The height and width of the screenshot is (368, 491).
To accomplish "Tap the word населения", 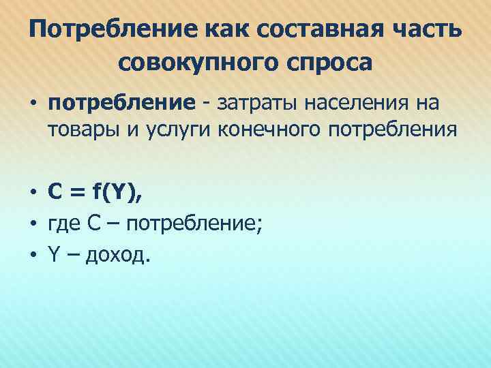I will click(x=359, y=104).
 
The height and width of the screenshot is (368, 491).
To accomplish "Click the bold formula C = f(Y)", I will click(x=95, y=193).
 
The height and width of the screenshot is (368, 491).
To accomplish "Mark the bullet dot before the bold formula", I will click(x=33, y=194).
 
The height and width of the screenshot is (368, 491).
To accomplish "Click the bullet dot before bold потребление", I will click(x=33, y=104).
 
